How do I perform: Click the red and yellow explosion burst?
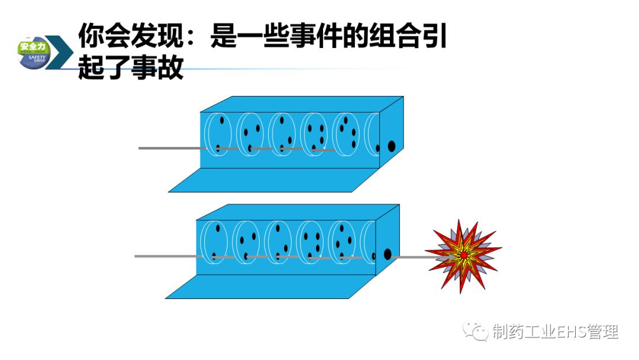click(463, 255)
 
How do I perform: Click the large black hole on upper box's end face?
click(391, 146)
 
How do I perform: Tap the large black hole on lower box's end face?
click(388, 254)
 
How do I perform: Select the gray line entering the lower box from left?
click(166, 256)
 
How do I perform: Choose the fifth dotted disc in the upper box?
click(346, 133)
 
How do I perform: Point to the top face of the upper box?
click(302, 104)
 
